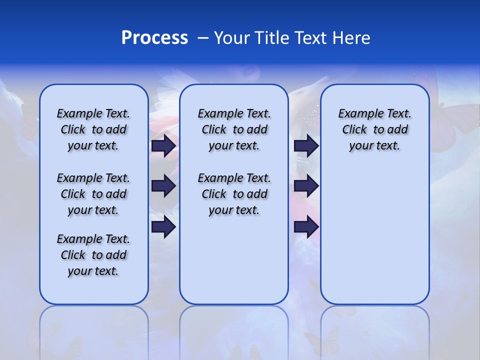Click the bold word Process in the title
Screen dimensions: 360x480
click(154, 38)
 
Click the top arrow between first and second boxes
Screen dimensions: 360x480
click(163, 146)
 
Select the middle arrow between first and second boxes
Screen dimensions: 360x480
click(163, 186)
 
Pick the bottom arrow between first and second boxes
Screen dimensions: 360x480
click(163, 227)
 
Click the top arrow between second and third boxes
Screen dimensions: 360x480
click(306, 146)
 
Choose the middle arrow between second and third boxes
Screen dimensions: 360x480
click(306, 186)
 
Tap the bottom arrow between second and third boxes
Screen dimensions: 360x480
click(306, 227)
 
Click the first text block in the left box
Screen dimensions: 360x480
click(93, 129)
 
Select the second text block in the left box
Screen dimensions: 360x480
click(93, 194)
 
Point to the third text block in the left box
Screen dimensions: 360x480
click(93, 255)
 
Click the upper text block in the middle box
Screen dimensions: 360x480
click(234, 129)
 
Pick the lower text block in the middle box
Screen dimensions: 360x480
click(234, 194)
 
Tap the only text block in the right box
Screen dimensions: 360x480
click(374, 129)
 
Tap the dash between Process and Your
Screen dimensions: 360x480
click(203, 38)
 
